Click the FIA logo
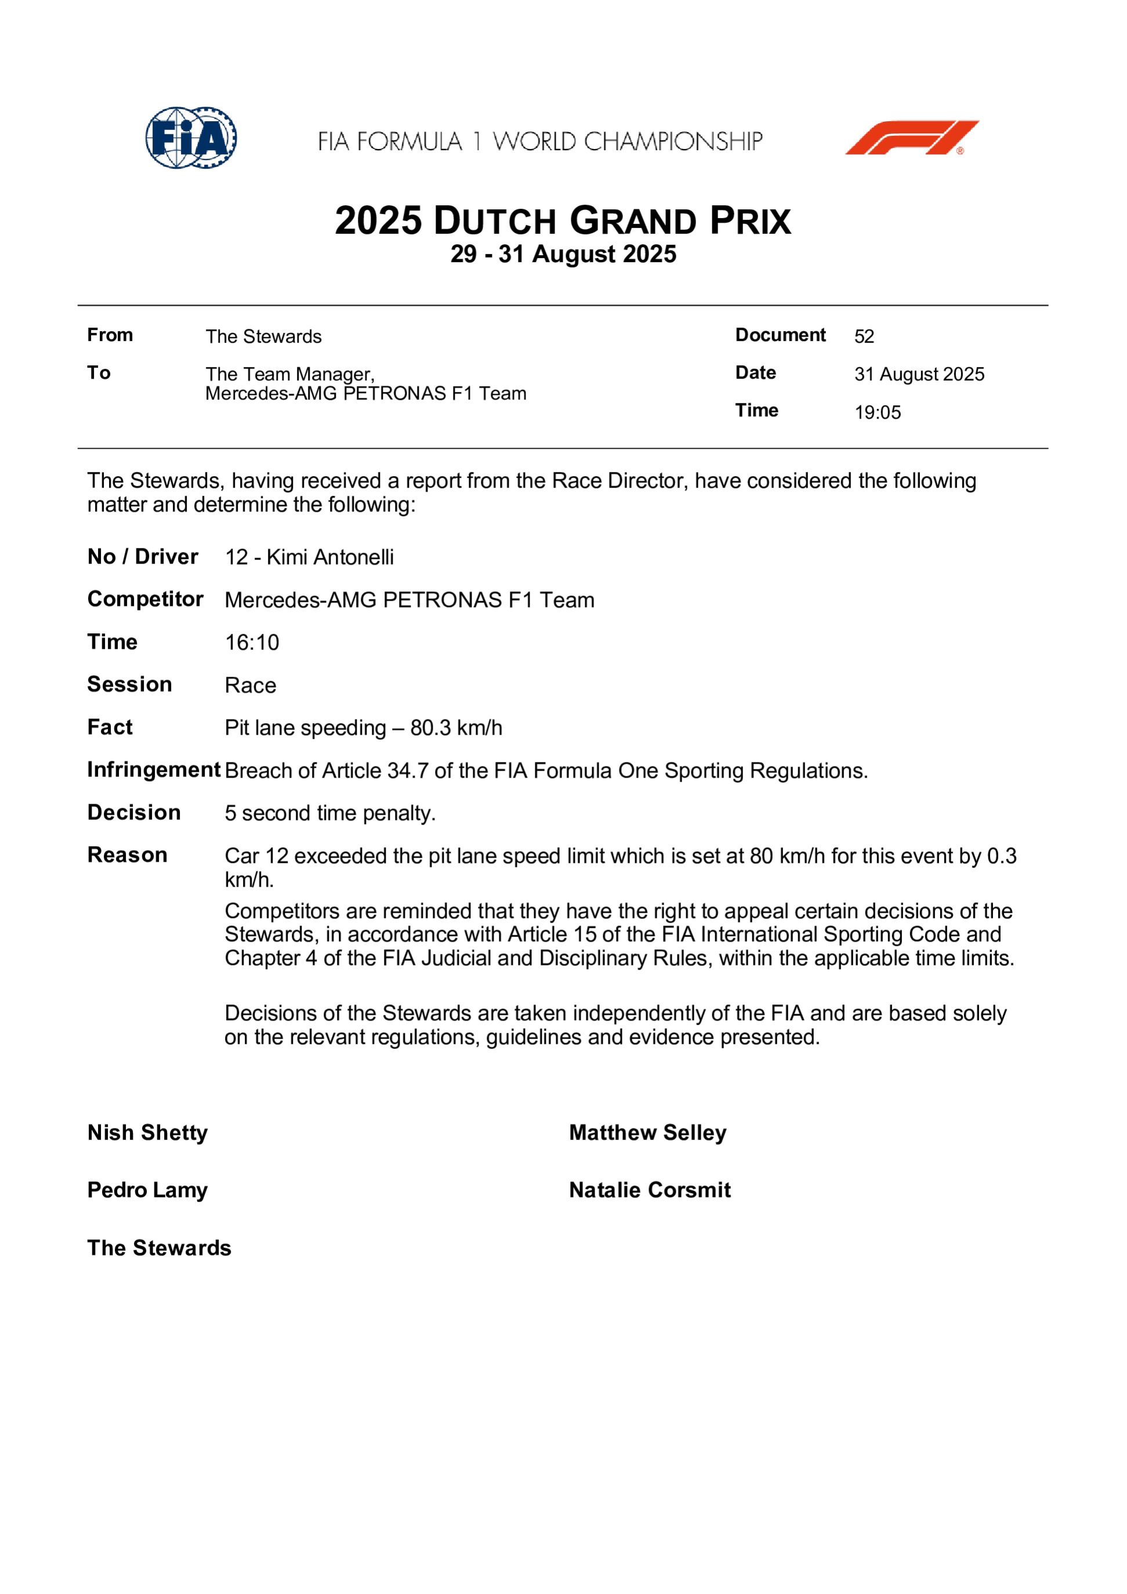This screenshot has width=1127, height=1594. pos(191,137)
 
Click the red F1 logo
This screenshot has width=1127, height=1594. pos(911,137)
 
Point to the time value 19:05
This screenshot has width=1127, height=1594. pos(878,412)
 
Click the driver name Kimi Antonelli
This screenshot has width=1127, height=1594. pos(330,557)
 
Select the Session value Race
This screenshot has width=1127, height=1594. pos(251,686)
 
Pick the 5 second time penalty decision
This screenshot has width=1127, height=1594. pos(330,814)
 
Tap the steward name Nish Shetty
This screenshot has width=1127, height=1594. pos(147,1133)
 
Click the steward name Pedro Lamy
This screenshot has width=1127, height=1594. pos(147,1190)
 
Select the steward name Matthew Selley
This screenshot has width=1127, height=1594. pos(648,1133)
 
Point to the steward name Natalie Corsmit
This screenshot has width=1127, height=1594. pos(650,1190)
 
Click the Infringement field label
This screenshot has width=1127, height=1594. pos(154,770)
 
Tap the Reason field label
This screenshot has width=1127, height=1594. pos(127,855)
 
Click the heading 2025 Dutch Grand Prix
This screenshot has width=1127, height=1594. pos(563,221)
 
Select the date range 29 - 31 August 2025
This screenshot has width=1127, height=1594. pos(563,254)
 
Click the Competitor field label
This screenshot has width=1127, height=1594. pos(145,599)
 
